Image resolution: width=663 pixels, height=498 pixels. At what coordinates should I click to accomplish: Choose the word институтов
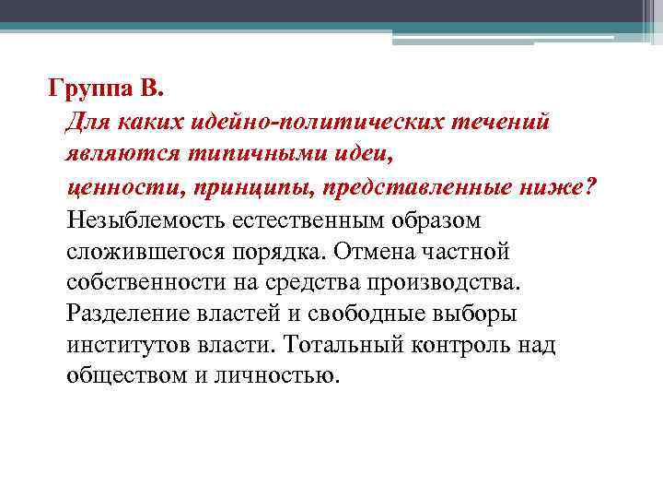128,345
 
